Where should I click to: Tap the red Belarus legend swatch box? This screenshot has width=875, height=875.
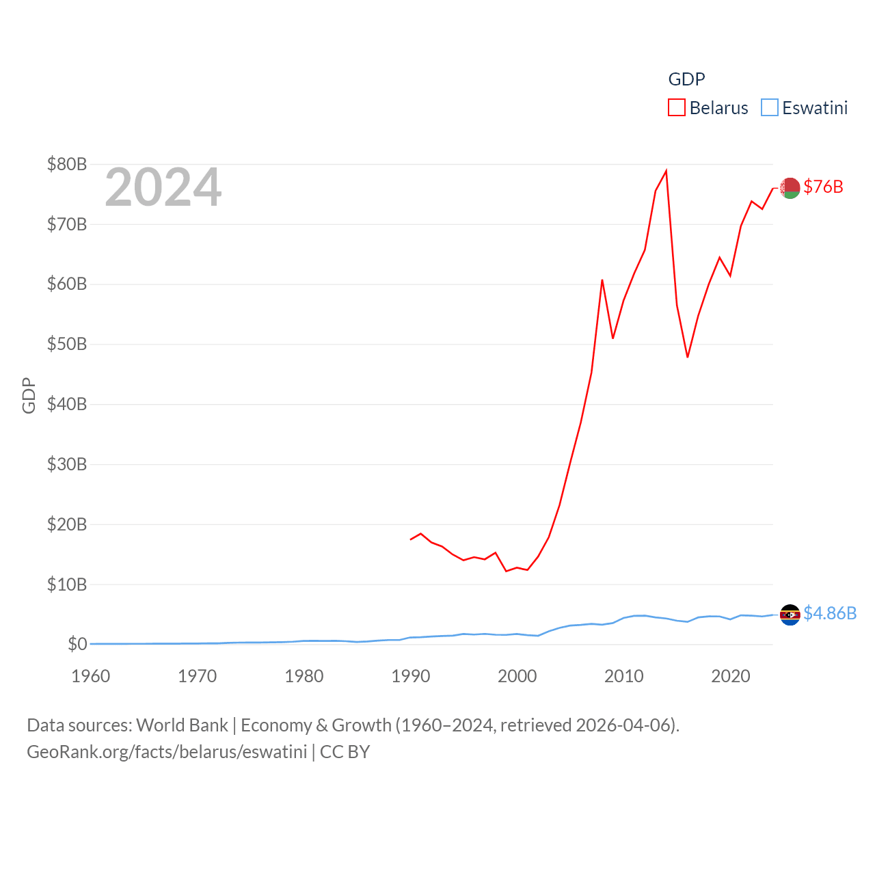click(677, 108)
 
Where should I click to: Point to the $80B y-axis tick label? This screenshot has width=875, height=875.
click(67, 164)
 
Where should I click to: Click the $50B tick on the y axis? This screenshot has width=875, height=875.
click(67, 344)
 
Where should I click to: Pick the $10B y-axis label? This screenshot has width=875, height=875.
click(67, 584)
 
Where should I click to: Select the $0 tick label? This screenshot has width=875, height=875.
click(77, 644)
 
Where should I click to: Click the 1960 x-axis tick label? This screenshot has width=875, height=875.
click(91, 676)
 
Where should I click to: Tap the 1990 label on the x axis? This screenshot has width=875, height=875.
click(411, 676)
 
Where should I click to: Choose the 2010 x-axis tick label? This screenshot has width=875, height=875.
click(624, 676)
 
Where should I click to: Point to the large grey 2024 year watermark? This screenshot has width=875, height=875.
click(163, 187)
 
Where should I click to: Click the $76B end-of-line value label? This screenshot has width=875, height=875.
click(823, 187)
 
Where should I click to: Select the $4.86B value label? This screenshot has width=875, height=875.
click(830, 613)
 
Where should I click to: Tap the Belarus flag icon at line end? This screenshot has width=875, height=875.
click(790, 187)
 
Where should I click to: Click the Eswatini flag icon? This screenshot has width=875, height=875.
click(790, 615)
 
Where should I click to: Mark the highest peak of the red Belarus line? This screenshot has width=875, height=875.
click(666, 171)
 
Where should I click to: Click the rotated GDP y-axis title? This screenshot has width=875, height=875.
click(29, 395)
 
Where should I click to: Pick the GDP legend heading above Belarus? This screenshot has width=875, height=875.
click(686, 79)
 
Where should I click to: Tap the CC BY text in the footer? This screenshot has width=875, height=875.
click(345, 752)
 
